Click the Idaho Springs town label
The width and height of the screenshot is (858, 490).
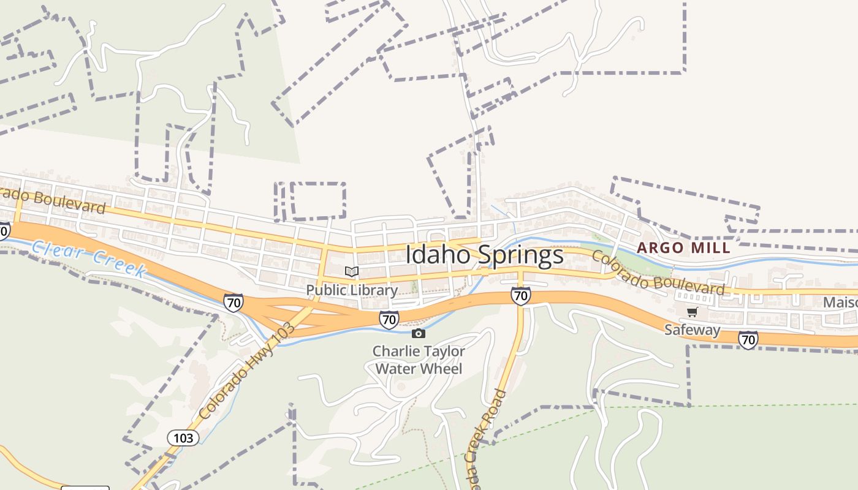click(484, 255)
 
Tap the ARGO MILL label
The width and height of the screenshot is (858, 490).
click(683, 248)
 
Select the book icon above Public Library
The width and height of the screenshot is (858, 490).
click(351, 272)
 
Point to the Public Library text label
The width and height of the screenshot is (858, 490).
click(352, 290)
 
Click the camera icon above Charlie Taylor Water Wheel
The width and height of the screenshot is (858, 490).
click(419, 334)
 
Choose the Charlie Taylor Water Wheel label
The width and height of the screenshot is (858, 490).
click(419, 360)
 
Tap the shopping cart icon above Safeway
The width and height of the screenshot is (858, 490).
click(693, 312)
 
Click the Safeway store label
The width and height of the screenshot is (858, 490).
click(693, 330)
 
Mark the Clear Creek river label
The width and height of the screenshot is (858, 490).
click(89, 258)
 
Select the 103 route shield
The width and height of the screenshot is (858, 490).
click(183, 437)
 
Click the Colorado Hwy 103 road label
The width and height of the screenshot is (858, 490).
click(247, 371)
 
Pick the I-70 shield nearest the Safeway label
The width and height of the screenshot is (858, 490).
click(748, 339)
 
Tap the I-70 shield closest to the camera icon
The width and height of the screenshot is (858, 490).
click(389, 319)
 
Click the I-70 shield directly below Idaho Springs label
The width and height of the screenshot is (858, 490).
click(520, 296)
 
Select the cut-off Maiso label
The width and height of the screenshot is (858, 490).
click(840, 303)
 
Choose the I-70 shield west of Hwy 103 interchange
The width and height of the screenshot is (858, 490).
click(233, 303)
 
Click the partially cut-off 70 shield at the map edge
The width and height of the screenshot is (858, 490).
click(4, 230)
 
